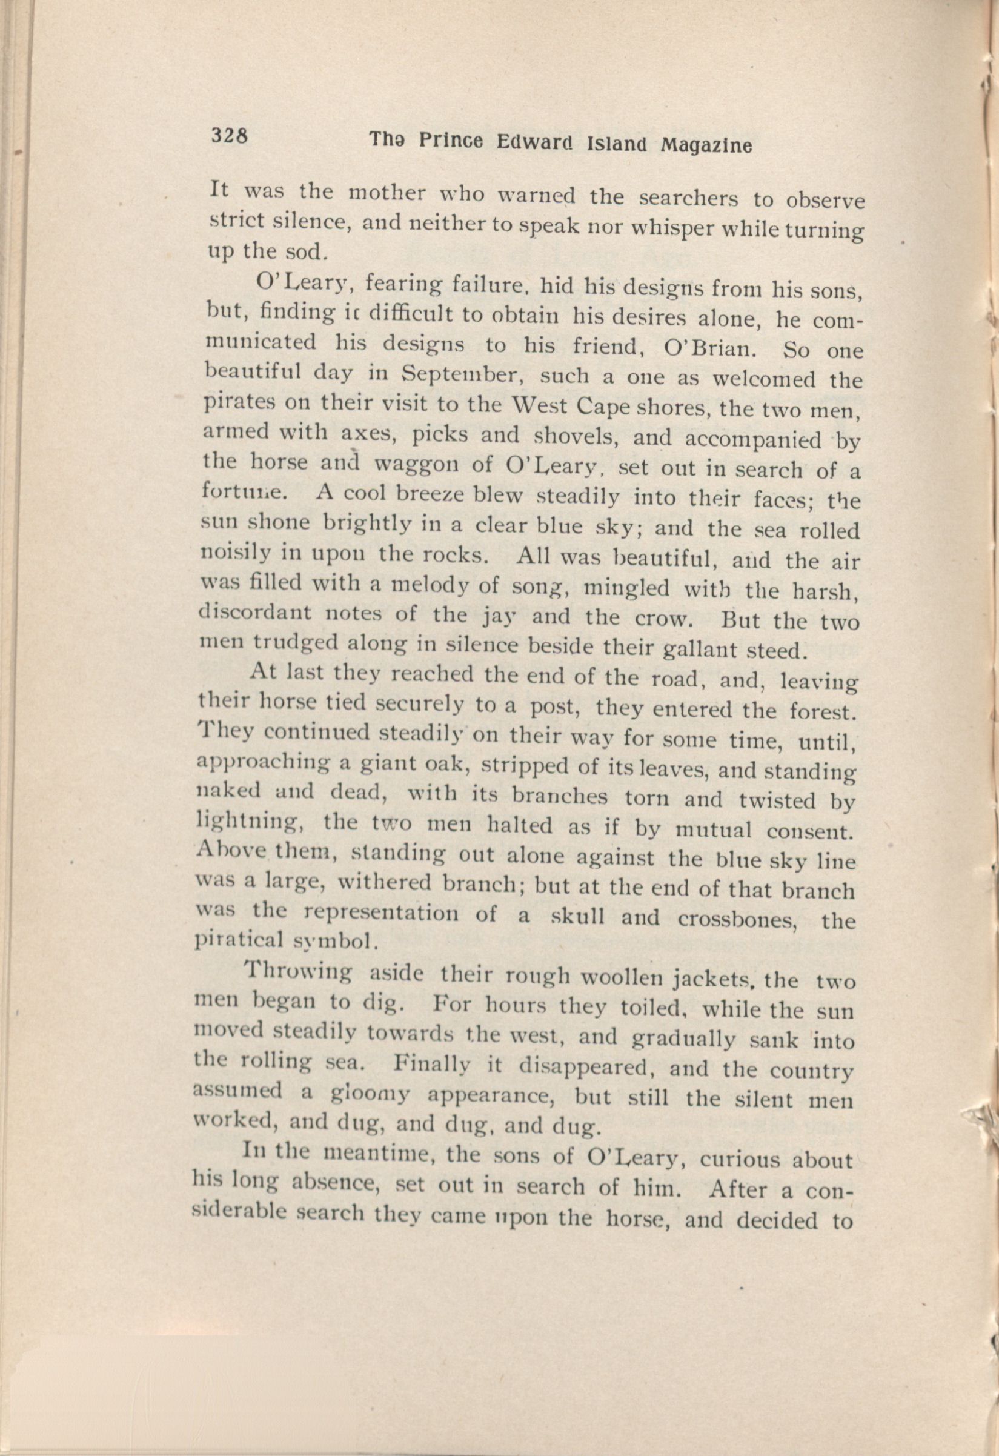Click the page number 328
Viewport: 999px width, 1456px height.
click(x=230, y=135)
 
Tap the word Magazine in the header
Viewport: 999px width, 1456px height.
click(x=706, y=145)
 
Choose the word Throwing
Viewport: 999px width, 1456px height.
click(x=297, y=974)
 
